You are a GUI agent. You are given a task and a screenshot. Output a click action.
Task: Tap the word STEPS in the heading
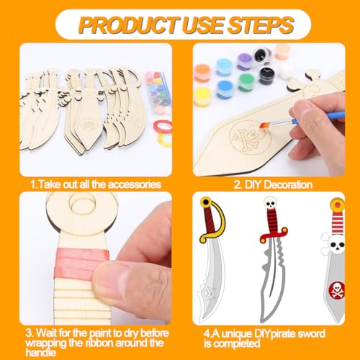pyautogui.click(x=261, y=24)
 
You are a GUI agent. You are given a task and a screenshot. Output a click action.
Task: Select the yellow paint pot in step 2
pyautogui.click(x=202, y=97)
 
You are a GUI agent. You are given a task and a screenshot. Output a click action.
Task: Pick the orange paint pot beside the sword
pyautogui.click(x=202, y=72)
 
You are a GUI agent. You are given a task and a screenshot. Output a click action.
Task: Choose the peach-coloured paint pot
pyautogui.click(x=283, y=52)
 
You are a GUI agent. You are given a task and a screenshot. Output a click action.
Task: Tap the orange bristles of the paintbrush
pyautogui.click(x=265, y=126)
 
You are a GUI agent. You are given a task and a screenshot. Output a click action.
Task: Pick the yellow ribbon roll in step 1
pyautogui.click(x=165, y=139)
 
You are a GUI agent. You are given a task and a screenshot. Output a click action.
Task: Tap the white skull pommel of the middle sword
pyautogui.click(x=270, y=203)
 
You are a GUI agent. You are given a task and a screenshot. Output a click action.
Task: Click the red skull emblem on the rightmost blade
pyautogui.click(x=336, y=290)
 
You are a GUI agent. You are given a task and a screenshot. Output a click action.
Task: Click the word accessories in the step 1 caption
pyautogui.click(x=135, y=184)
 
